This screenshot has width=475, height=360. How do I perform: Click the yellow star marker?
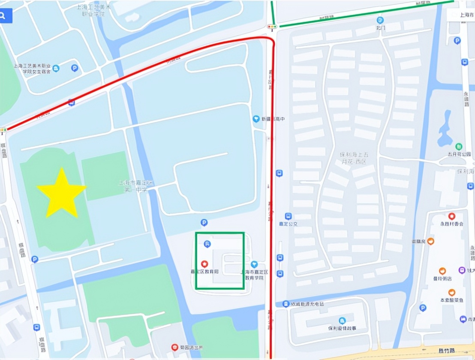coord(62,192)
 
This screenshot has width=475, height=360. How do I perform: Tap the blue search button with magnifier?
coord(5,16)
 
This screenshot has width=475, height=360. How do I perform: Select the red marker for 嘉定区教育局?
coord(204,264)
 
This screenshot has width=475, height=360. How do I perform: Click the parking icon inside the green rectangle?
coord(207,244)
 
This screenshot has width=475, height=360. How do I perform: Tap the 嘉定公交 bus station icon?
coord(289,216)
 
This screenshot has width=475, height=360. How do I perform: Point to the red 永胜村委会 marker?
coord(451,216)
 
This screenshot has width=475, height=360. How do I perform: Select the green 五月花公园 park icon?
coord(459,147)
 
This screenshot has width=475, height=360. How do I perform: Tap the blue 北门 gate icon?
coord(380,20)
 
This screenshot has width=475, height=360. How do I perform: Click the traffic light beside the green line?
coord(272,27)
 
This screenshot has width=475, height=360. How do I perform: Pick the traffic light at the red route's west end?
coord(3,129)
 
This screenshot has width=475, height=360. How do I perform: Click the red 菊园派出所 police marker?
coord(174,347)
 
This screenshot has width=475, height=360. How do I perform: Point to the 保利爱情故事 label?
coord(342,328)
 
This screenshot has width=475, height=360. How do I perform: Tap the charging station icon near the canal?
coord(286,304)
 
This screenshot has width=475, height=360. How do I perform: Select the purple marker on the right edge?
coord(462,270)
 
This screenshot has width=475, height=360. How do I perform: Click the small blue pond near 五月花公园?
coord(445,129)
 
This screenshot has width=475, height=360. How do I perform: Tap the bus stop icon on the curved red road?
coord(71,102)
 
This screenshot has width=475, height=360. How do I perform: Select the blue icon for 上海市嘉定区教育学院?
coord(254,264)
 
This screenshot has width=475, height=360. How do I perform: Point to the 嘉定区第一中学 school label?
coord(133,186)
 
